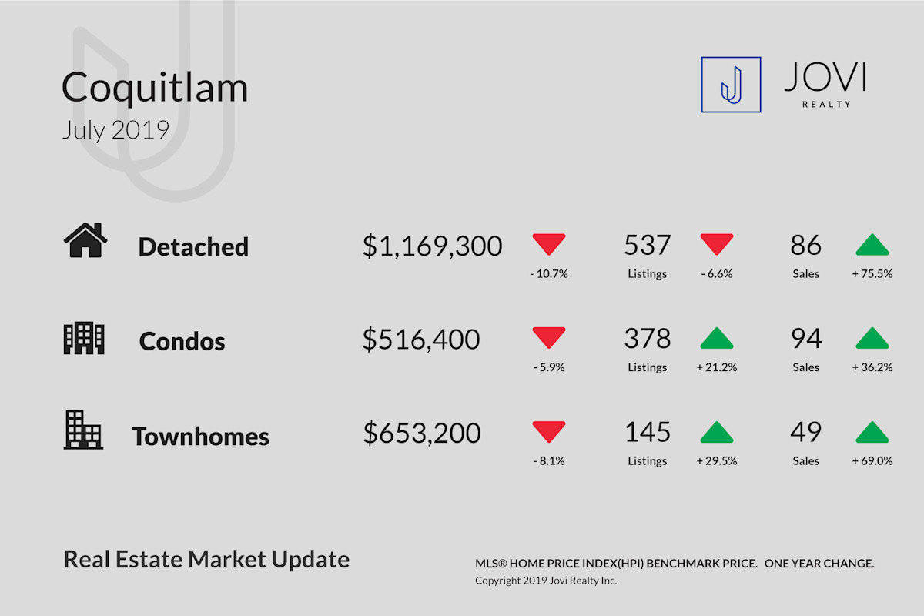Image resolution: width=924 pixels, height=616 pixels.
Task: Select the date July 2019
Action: pos(115,130)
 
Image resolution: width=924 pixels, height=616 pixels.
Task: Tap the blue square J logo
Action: pos(731,85)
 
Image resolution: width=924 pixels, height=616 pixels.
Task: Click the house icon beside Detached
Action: pos(85,240)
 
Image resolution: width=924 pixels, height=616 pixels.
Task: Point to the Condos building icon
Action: pos(84,338)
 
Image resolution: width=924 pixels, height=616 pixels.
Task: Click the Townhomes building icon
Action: pos(83,430)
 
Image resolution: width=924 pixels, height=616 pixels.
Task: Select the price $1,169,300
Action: pos(432,246)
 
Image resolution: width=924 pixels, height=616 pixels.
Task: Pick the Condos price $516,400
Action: pos(421,340)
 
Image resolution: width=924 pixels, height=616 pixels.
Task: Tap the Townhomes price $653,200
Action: pos(422,434)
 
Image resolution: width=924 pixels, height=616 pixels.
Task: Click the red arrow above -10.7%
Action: pos(548,244)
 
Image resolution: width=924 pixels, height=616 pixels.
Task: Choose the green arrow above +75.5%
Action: pos(872,245)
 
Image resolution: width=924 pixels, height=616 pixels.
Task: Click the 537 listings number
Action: pos(648,245)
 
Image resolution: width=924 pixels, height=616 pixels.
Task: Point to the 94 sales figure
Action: pos(806,338)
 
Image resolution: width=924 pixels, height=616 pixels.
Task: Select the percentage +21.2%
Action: pos(717,367)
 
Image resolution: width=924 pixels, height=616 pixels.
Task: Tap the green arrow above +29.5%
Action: pos(717,432)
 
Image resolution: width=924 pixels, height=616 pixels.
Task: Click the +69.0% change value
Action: pos(872,461)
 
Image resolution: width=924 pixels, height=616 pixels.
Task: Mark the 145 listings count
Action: pos(648,432)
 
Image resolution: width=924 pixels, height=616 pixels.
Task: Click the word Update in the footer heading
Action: pos(310,561)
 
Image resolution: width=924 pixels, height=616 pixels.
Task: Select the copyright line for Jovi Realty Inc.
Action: pos(546,581)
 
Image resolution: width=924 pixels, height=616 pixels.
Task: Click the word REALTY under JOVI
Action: pos(826,105)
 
